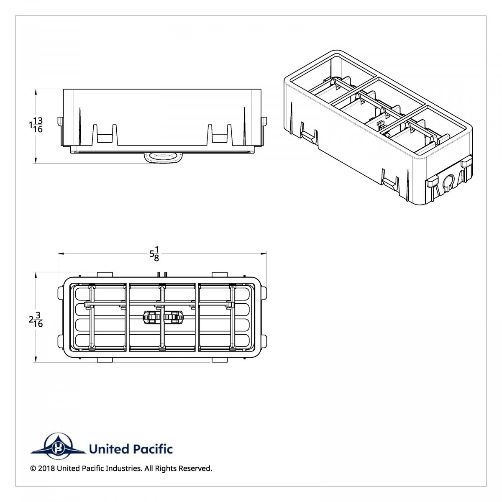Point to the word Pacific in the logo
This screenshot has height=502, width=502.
(153, 449)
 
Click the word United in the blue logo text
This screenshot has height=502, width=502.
(109, 449)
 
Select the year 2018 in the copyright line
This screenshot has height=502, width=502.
(46, 469)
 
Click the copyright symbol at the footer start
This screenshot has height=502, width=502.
(33, 469)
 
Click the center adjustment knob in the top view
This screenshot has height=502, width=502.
(163, 318)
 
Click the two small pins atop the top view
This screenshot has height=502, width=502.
(163, 274)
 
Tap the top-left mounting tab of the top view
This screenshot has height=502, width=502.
(105, 274)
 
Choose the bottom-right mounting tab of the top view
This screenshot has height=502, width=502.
(220, 360)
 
